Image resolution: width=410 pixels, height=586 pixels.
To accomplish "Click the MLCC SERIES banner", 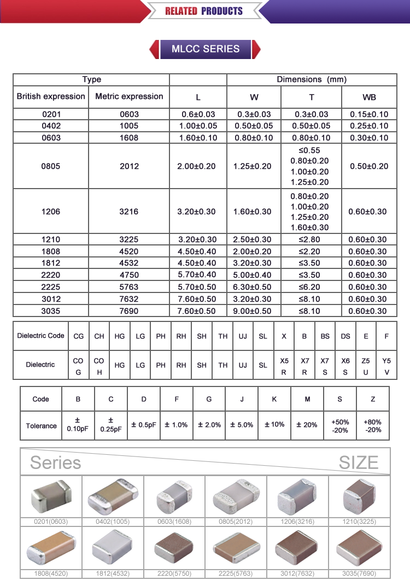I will [x=205, y=49].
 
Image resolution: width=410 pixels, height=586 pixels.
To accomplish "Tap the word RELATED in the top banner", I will [x=181, y=11].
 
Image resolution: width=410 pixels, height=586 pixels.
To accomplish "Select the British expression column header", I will [x=51, y=97].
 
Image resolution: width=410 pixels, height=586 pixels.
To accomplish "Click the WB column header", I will [x=368, y=97].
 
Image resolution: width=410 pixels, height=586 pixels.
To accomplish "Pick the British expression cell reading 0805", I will [x=51, y=166].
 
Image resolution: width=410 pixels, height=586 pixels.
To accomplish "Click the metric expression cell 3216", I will [x=129, y=212].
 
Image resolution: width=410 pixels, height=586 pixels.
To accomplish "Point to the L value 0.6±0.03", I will [x=198, y=114].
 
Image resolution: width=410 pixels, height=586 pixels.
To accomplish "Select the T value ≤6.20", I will [x=311, y=287].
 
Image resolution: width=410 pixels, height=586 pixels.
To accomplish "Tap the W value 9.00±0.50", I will [x=254, y=311].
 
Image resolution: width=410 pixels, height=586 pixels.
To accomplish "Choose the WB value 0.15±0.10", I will [x=368, y=114].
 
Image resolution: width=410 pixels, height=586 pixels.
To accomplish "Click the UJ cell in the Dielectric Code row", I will [x=243, y=336].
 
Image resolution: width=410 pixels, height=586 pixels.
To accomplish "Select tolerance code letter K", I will [x=274, y=399].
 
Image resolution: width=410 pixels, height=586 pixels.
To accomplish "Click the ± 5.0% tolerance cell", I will [x=242, y=425].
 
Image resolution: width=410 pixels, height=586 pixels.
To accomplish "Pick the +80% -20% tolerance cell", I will [x=373, y=426].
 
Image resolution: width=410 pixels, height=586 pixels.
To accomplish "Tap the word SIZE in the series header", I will [x=358, y=463].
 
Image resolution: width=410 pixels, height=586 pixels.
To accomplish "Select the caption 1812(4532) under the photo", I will [x=113, y=574].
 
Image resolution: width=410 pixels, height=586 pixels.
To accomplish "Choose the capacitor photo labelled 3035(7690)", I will [x=359, y=548].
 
